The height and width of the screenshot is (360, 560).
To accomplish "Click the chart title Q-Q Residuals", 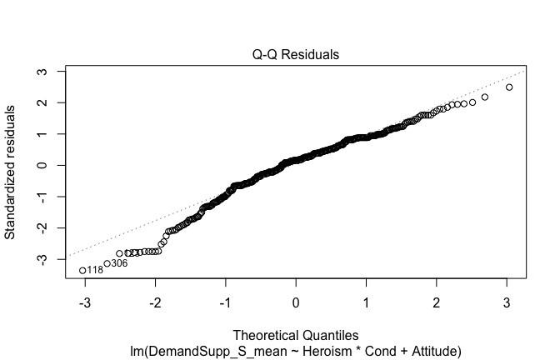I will pos(296,55).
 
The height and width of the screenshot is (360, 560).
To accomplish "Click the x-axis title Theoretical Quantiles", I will pos(296,335).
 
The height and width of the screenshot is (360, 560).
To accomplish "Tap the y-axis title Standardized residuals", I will pos(11,171).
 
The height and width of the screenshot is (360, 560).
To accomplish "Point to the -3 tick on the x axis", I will pos(85,302).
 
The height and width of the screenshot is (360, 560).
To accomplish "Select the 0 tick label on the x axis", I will pos(296,302).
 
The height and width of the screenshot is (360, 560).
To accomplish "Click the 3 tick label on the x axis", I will pos(507,302).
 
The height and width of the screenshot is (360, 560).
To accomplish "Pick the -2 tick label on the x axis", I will pos(155,302).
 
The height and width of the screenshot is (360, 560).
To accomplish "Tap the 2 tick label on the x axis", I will pos(437,302).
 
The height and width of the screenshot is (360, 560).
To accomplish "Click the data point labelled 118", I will pos(82,270).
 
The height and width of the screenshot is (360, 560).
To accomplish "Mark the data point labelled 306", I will pos(107,263).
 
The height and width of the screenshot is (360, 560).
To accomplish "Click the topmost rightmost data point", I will pos(509,87).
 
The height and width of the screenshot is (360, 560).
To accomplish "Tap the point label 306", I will pos(119,263).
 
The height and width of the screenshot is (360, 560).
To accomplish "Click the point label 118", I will pos(95,271).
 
